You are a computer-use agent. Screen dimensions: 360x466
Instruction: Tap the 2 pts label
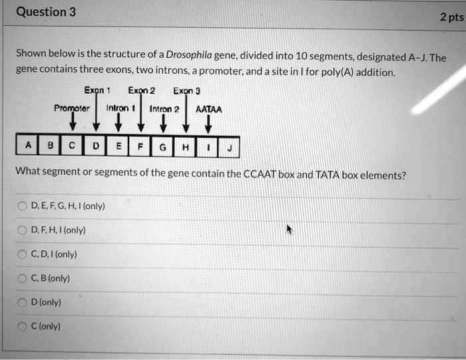(451, 18)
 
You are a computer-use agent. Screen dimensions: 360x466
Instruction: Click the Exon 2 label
(141, 91)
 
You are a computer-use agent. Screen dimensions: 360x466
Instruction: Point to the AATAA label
(208, 110)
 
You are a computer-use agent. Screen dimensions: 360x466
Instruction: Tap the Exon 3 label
(186, 91)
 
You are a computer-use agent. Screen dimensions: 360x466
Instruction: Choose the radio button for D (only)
(23, 302)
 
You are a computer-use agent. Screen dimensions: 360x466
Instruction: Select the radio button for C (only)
(23, 326)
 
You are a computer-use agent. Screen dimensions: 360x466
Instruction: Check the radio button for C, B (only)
(23, 278)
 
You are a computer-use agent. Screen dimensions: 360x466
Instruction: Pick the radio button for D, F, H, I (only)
(23, 230)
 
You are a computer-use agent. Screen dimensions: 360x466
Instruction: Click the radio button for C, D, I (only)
(23, 254)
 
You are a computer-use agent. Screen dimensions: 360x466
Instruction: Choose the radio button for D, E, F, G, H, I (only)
(23, 206)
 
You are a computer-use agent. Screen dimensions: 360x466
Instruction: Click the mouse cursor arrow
(290, 230)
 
